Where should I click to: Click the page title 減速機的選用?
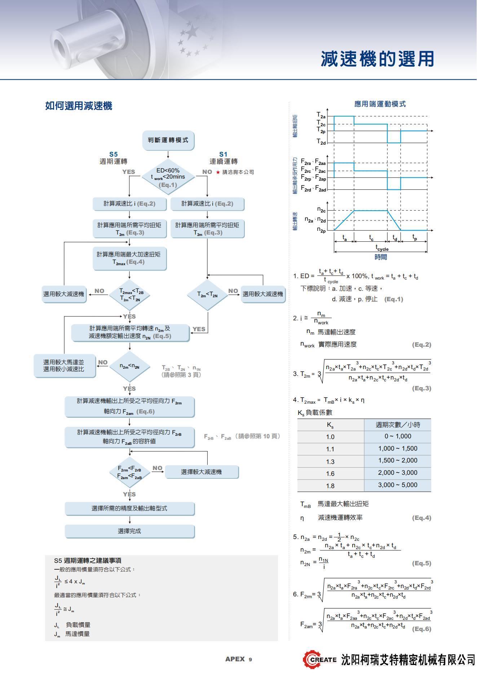377,59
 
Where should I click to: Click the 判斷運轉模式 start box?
168,140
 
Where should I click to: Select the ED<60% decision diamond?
168,177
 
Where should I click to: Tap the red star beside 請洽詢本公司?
218,172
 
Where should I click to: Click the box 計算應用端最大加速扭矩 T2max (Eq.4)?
129,258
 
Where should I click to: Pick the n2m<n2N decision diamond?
129,367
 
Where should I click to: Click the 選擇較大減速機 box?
201,472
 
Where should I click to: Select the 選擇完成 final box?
129,531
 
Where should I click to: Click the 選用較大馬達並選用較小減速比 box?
64,365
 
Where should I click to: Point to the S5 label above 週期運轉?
114,154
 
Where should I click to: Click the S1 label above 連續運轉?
224,154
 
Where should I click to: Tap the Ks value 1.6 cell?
330,474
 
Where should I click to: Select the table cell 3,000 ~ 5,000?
397,485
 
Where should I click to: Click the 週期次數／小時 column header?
398,425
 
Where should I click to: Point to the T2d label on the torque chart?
321,142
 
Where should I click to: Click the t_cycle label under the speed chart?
382,248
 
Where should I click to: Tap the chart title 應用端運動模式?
380,104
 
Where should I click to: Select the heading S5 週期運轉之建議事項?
88,560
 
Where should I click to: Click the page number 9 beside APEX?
250,659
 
